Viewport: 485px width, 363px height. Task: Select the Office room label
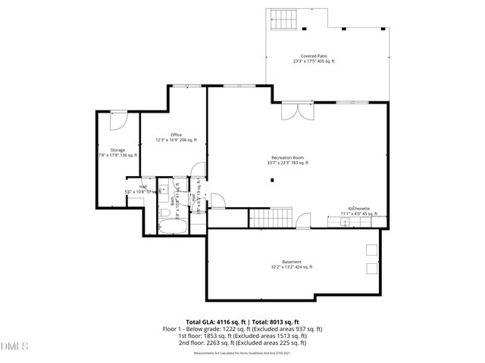click(x=176, y=135)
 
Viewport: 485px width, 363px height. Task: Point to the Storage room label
click(x=117, y=150)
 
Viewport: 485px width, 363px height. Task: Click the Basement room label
click(x=292, y=262)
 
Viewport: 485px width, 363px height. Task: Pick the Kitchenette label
click(x=358, y=208)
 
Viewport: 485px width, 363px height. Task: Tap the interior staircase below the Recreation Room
click(x=264, y=219)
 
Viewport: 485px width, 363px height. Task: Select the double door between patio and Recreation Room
click(x=293, y=112)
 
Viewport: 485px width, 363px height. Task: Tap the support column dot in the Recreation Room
click(x=273, y=181)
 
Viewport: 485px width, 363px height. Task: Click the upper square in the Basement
click(x=371, y=250)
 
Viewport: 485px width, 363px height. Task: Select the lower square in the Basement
click(x=371, y=268)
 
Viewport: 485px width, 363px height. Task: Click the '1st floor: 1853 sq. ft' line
click(x=242, y=335)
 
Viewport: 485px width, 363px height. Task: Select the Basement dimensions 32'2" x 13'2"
click(x=292, y=267)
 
